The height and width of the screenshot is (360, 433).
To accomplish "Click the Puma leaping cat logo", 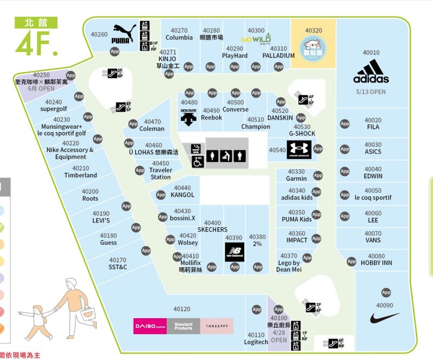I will (x=124, y=34).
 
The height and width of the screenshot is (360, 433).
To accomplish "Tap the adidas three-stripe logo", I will (x=371, y=71).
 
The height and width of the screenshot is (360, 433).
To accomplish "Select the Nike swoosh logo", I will (x=385, y=318).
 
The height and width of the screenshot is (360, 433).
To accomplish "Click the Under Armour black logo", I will (x=299, y=150).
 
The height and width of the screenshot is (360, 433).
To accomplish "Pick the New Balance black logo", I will (x=234, y=252).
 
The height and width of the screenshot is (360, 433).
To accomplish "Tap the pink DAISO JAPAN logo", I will (x=150, y=326).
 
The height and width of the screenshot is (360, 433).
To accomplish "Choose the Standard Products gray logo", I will (x=183, y=326).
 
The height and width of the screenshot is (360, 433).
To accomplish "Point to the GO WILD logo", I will (x=256, y=39).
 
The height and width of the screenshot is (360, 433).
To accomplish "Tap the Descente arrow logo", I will (x=188, y=117).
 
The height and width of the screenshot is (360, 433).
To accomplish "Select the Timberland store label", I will (x=81, y=175).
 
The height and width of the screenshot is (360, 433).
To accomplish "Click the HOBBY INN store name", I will (x=376, y=263).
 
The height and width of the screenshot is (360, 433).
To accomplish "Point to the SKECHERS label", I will (x=213, y=230).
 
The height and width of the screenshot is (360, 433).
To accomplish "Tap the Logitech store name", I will (x=256, y=342).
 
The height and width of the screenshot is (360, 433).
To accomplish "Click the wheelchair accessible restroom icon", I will (x=198, y=161).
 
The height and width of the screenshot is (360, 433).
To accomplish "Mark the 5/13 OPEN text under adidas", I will (x=371, y=91).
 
